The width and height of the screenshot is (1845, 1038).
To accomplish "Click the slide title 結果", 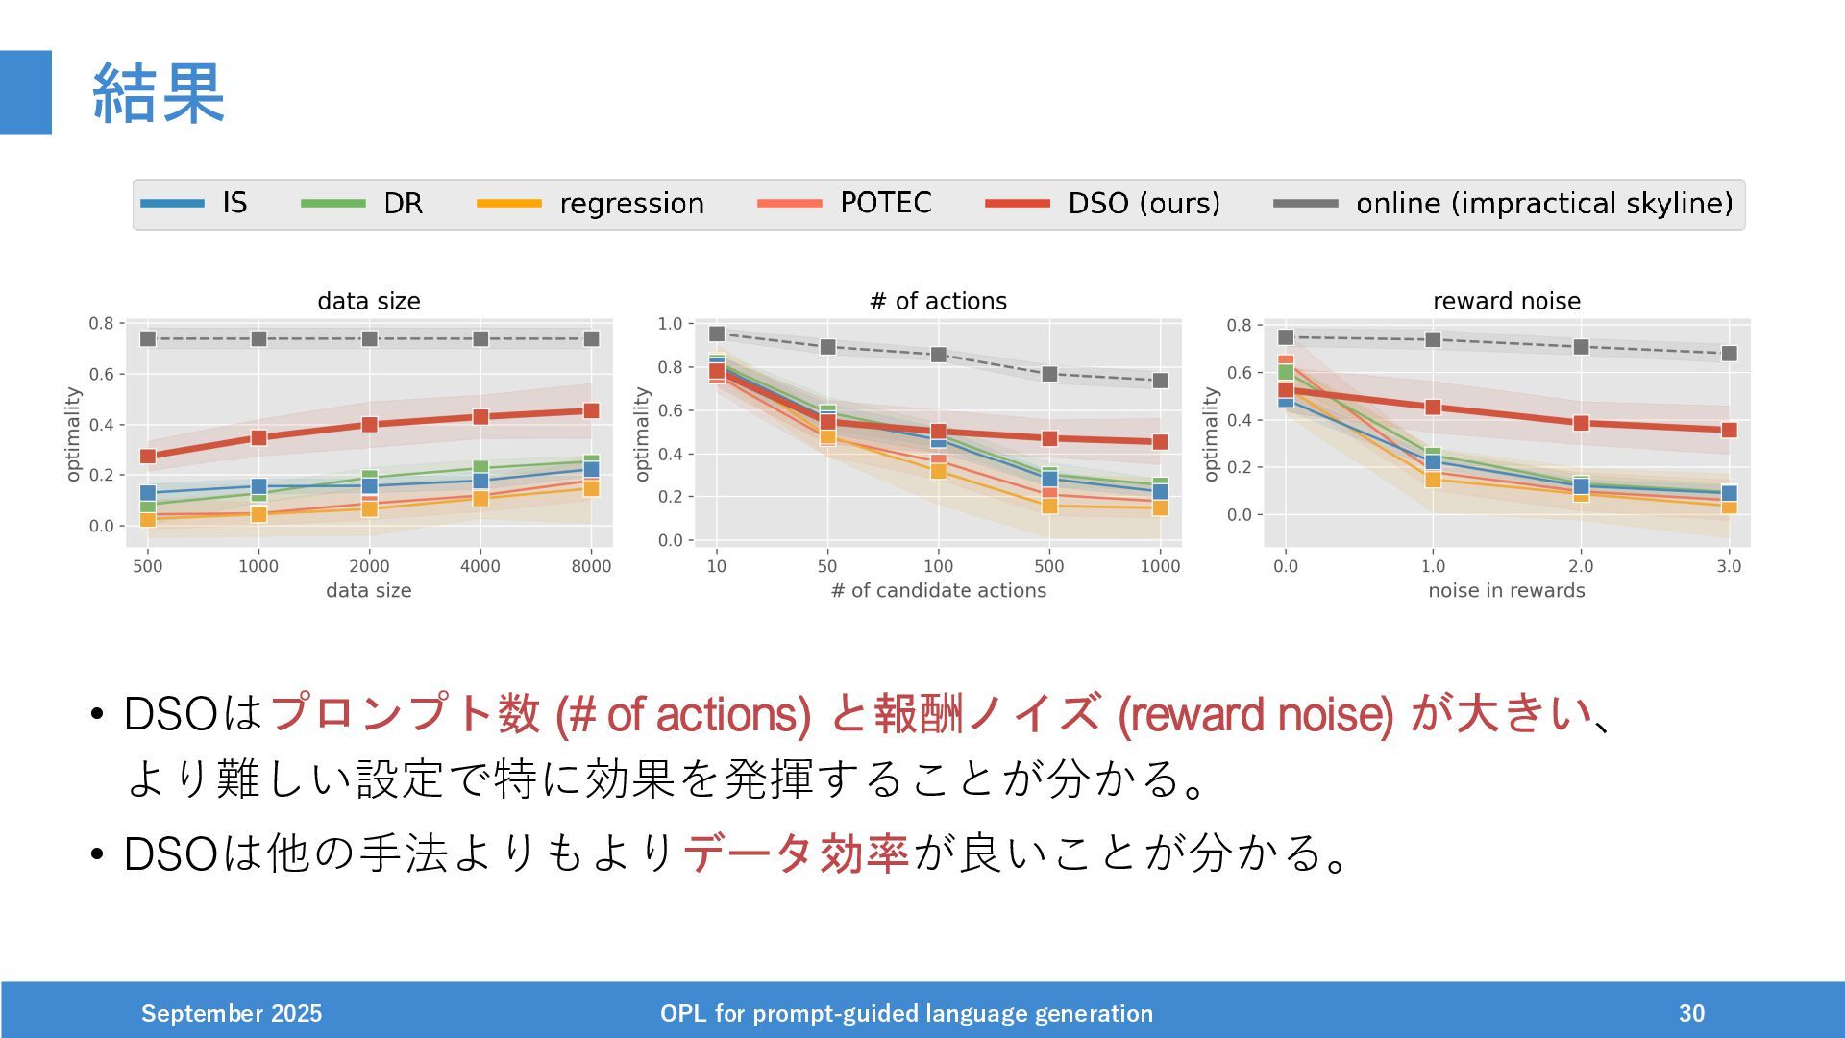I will point(159,93).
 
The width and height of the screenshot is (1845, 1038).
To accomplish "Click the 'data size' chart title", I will point(369,301).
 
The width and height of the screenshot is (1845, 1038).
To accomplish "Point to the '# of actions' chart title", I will point(938,301).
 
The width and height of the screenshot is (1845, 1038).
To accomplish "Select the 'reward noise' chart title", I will point(1506,301).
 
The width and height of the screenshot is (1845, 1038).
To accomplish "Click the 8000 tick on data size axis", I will point(591,566).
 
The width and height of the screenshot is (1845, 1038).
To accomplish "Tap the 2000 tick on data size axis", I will point(369,566).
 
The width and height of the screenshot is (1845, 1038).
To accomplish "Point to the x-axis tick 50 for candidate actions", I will point(827,566).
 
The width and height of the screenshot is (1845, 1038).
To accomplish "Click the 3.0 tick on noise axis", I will point(1729,566).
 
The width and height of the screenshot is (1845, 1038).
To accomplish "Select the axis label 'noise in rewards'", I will point(1506,590).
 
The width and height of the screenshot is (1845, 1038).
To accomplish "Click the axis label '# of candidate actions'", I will point(938,590).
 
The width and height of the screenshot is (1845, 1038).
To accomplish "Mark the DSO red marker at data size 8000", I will point(591,410).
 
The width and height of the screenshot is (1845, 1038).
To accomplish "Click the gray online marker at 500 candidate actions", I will point(1049,374).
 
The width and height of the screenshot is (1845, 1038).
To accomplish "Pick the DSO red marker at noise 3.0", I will point(1729,430).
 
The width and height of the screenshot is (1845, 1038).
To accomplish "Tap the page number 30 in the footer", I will point(1691,1013).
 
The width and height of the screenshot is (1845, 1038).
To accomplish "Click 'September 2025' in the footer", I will point(232,1013).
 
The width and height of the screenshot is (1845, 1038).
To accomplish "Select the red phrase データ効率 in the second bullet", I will point(797,852).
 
